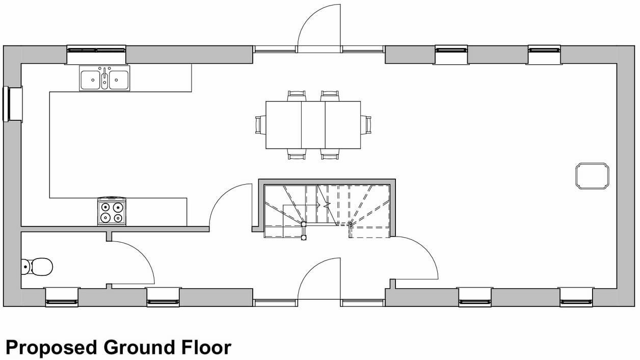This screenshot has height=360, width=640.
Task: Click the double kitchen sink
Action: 104,79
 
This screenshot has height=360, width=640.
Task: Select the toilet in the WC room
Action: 38,266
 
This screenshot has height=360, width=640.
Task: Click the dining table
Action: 313,125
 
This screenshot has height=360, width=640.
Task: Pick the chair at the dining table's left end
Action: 260,124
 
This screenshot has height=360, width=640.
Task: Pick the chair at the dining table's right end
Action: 366,124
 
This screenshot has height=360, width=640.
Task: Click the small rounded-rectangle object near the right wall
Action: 592,176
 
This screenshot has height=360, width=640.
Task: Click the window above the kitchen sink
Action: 96,50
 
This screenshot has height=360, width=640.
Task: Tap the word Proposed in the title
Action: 51,348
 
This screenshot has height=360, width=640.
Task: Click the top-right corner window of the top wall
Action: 544,50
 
